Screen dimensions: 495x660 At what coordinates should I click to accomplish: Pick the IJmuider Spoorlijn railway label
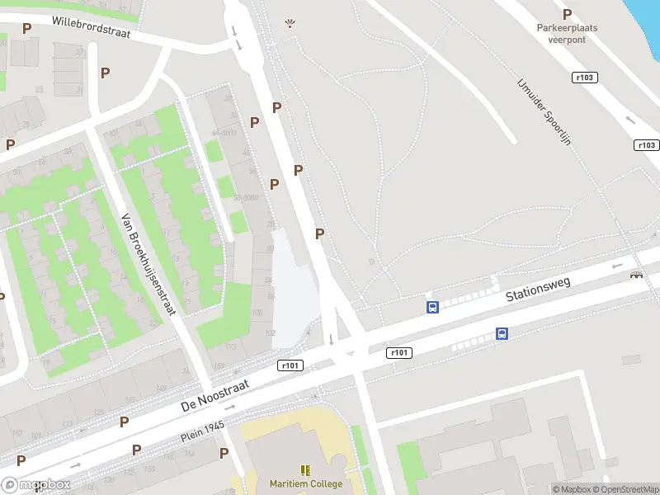click(544, 112)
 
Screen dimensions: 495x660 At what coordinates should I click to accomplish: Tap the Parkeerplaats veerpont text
click(567, 32)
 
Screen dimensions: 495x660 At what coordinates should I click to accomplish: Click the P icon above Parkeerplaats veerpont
click(567, 14)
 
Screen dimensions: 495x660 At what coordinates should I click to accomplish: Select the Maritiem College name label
click(305, 484)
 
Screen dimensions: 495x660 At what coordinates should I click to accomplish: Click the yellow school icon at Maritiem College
click(305, 470)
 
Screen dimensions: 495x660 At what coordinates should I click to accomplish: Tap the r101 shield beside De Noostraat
click(291, 365)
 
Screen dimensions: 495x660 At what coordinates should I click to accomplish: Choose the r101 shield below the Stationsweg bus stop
click(398, 352)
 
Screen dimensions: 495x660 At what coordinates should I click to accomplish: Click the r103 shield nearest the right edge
click(647, 145)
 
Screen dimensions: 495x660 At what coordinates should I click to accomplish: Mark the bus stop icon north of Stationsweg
click(431, 308)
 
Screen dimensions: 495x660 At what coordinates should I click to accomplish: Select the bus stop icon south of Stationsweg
click(502, 334)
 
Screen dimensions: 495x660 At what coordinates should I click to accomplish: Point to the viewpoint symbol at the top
click(290, 24)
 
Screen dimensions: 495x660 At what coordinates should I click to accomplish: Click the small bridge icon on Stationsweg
click(636, 275)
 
